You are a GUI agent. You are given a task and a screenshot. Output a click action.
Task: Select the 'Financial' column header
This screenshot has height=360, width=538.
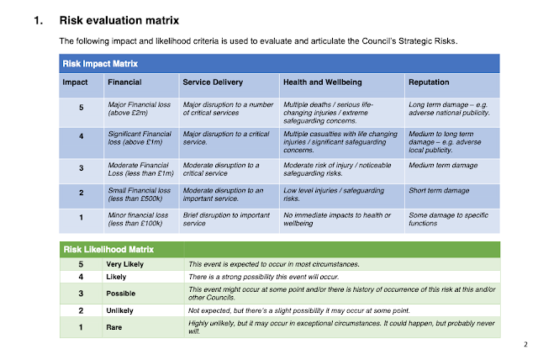pyautogui.click(x=125, y=82)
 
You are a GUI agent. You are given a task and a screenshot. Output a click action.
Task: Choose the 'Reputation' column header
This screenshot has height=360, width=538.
pyautogui.click(x=430, y=82)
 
